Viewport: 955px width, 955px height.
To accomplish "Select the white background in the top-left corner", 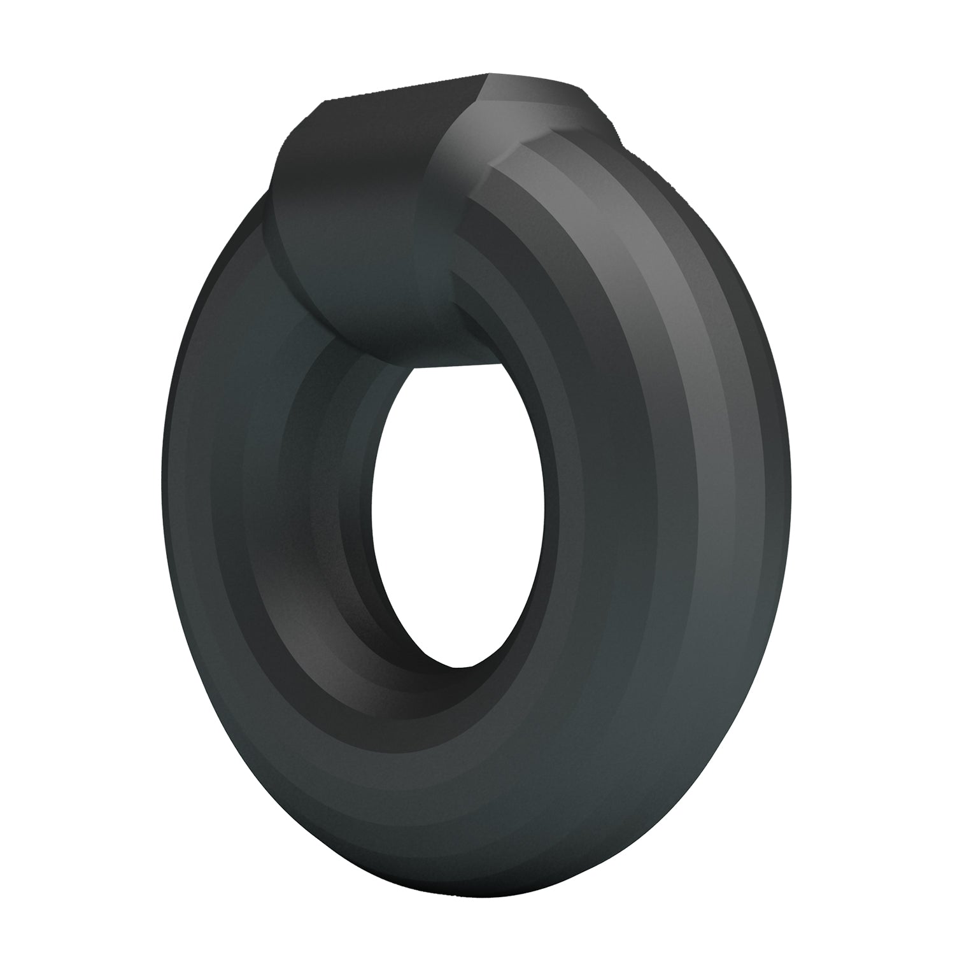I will coord(51,51).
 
